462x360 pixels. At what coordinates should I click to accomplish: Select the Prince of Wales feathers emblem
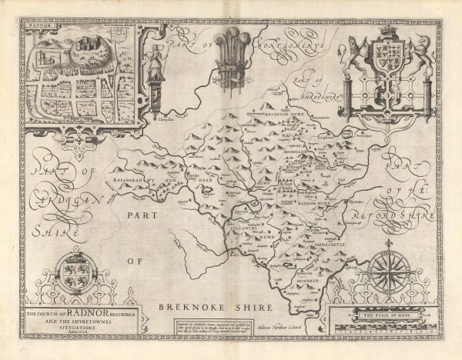229,46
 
